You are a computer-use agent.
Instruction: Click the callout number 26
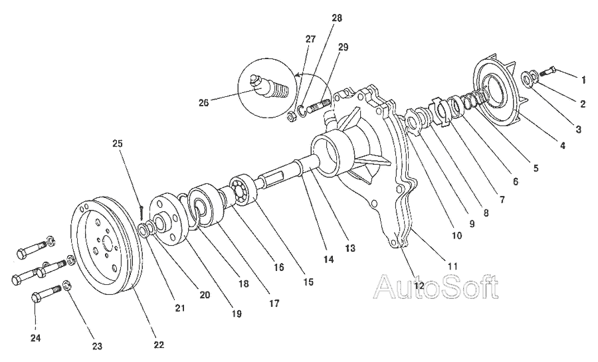[203, 102]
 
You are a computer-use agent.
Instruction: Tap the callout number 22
[158, 345]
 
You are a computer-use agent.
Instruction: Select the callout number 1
[583, 80]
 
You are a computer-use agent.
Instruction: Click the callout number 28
[337, 18]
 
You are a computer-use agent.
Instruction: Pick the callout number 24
[36, 338]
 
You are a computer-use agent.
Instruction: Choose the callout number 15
[308, 282]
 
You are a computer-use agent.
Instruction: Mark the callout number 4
[563, 145]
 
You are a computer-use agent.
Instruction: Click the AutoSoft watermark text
[436, 287]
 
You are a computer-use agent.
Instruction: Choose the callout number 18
[243, 284]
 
